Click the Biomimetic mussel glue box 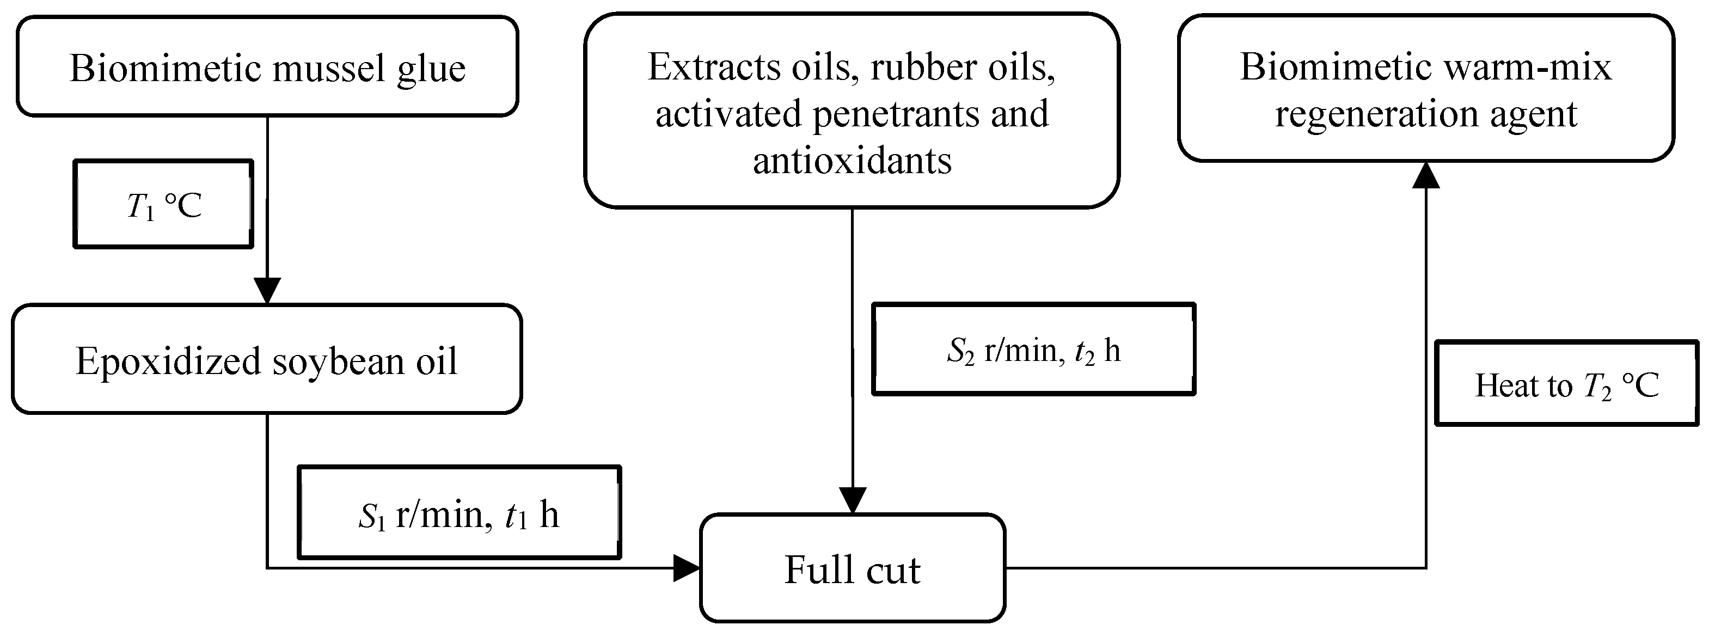(x=267, y=66)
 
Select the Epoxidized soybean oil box (x=266, y=359)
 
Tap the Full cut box (x=852, y=568)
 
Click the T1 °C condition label (x=163, y=204)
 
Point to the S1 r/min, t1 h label (x=459, y=512)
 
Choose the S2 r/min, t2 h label (x=1033, y=350)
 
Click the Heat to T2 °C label (x=1566, y=384)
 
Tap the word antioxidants (x=852, y=160)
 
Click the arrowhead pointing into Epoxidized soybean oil (x=267, y=290)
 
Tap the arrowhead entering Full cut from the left (x=687, y=568)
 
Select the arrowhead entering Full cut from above (x=852, y=500)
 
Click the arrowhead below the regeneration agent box (x=1426, y=175)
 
